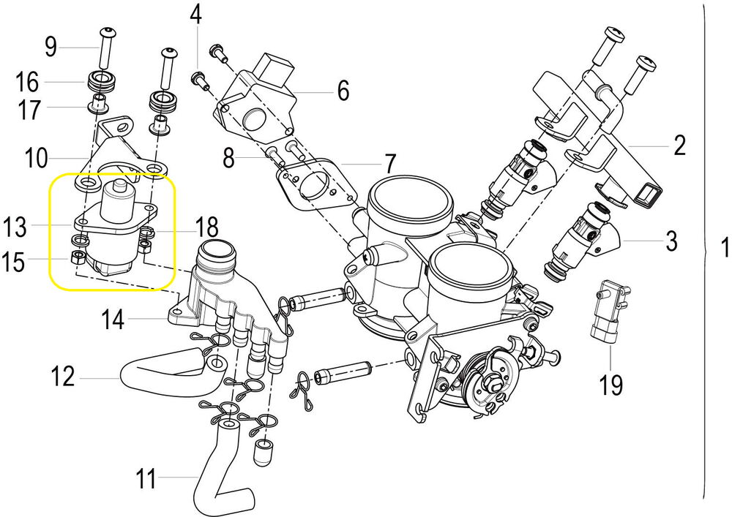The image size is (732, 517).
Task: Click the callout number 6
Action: (343, 91)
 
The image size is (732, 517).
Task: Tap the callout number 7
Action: (389, 162)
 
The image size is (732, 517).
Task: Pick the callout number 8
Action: (229, 157)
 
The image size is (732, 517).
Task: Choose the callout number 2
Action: (679, 146)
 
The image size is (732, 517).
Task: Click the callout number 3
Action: (671, 241)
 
